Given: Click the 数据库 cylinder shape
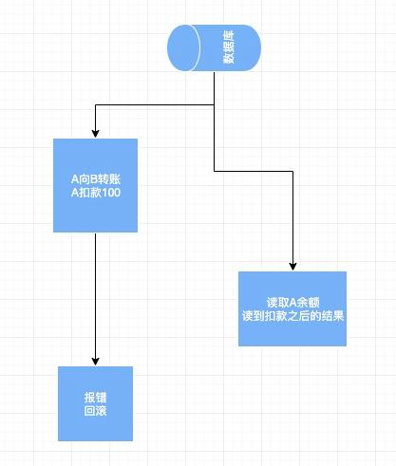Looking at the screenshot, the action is (x=214, y=48).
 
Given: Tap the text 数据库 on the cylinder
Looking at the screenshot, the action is (x=229, y=47).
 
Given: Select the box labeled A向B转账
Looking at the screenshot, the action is (x=95, y=185).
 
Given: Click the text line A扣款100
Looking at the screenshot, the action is (x=96, y=193).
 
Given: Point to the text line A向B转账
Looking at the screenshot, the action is (x=96, y=179).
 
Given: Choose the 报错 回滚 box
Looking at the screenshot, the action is (x=95, y=403).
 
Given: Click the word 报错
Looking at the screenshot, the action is (x=95, y=398).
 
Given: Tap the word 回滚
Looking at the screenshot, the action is (x=95, y=411).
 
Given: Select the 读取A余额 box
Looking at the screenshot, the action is (x=292, y=308).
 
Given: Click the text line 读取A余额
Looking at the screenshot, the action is (x=292, y=303).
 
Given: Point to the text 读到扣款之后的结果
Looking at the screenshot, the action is (x=292, y=316).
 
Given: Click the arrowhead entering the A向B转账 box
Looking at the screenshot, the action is (x=95, y=134).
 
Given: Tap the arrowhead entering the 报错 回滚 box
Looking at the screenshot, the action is (x=95, y=362).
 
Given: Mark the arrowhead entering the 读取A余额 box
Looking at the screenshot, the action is (x=292, y=267).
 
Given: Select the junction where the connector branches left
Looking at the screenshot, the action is (x=215, y=104).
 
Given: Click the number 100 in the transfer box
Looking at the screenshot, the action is (x=112, y=193).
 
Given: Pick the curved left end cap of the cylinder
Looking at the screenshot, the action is (x=183, y=48).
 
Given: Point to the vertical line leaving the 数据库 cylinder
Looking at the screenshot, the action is (x=215, y=121).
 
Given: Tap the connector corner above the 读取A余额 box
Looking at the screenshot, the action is (x=292, y=172).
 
